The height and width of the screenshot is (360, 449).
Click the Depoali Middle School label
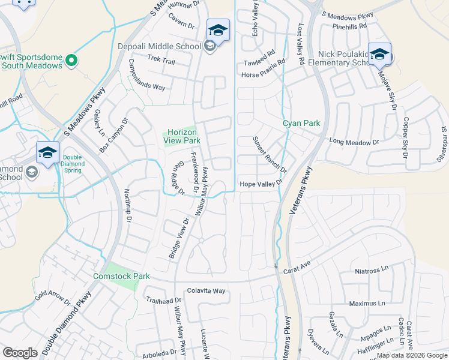(x=159, y=46)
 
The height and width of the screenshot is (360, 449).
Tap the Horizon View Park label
(x=183, y=136)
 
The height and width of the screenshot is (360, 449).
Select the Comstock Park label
(x=120, y=277)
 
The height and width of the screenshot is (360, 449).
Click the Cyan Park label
(x=301, y=123)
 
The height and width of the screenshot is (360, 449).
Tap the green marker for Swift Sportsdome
(x=71, y=61)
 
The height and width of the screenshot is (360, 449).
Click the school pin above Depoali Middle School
(x=218, y=29)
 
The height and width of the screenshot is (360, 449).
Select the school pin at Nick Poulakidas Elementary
(x=379, y=54)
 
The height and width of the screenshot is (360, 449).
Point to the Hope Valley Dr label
(x=261, y=184)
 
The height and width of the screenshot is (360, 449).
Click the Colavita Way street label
(x=205, y=291)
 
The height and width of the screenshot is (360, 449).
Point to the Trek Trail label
(x=161, y=62)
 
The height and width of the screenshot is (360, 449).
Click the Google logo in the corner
(x=20, y=353)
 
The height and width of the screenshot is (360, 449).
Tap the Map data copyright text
(x=412, y=355)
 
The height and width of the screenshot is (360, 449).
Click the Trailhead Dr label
(x=163, y=300)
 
